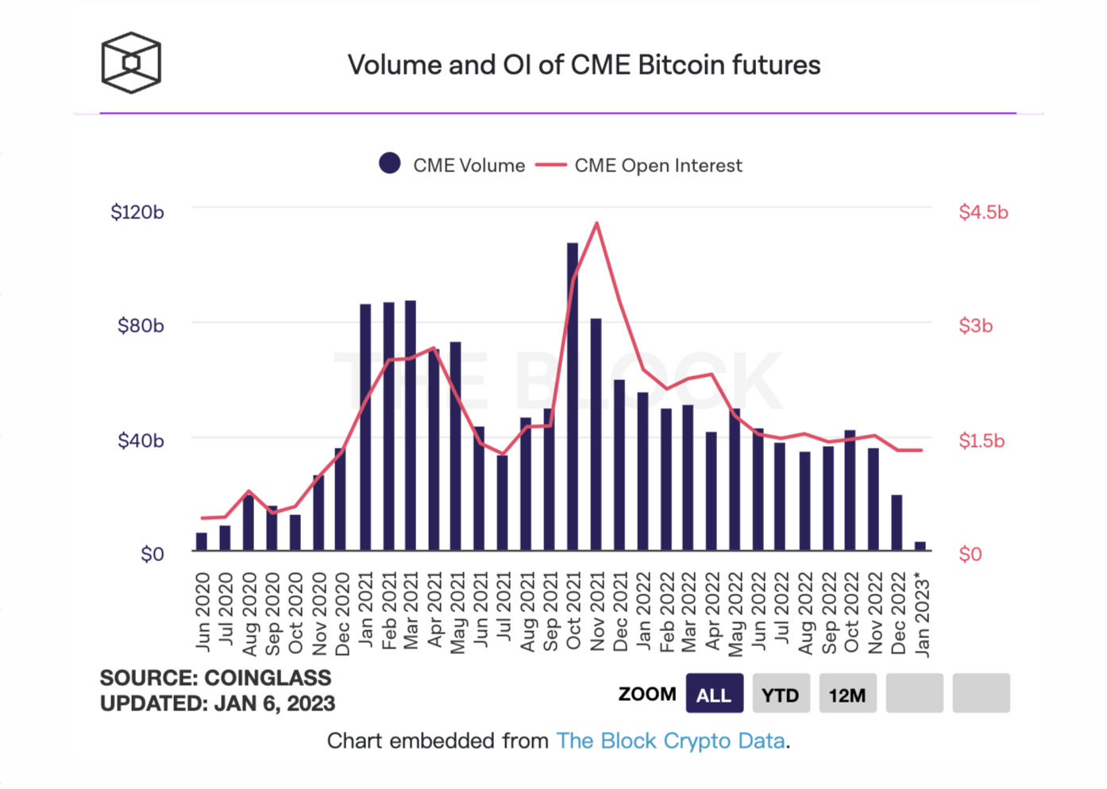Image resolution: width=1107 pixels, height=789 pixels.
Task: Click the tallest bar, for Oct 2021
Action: click(573, 397)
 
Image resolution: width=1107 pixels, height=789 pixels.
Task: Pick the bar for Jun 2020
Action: click(202, 541)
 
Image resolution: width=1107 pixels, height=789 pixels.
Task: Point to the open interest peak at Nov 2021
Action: click(596, 224)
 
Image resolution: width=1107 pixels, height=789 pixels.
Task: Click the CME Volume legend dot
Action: click(390, 164)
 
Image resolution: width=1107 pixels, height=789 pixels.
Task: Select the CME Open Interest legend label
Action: click(658, 165)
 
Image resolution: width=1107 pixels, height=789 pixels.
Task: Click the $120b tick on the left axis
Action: click(137, 212)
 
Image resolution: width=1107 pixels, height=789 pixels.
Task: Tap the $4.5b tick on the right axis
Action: click(983, 212)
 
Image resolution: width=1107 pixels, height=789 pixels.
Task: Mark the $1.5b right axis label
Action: click(982, 441)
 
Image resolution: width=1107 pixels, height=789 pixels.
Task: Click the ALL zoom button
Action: click(714, 695)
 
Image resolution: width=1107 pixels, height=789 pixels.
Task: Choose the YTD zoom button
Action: click(781, 695)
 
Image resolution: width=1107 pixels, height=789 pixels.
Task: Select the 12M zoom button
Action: click(847, 695)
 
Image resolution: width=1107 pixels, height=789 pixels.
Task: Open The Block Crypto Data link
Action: click(671, 741)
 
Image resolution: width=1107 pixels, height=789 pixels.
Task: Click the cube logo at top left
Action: click(131, 63)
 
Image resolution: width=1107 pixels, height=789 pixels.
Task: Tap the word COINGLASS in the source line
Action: click(268, 678)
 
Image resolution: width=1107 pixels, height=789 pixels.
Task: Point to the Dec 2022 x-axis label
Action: click(898, 614)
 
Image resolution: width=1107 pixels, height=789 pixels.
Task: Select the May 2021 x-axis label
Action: click(457, 614)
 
